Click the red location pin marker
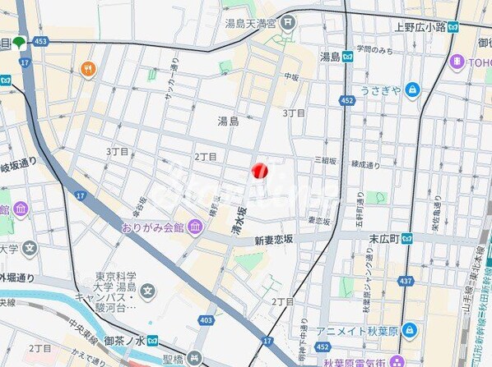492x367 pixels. coord(260,170)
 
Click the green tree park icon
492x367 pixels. coord(19,41)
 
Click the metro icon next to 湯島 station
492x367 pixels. coord(349,57)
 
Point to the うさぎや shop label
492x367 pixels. coord(379,90)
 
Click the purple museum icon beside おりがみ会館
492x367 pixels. coord(194,227)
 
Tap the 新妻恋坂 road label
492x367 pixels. coord(273,241)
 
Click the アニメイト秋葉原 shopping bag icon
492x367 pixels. coord(409,331)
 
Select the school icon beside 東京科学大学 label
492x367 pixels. coord(147,289)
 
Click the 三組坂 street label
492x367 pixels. coord(326,162)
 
